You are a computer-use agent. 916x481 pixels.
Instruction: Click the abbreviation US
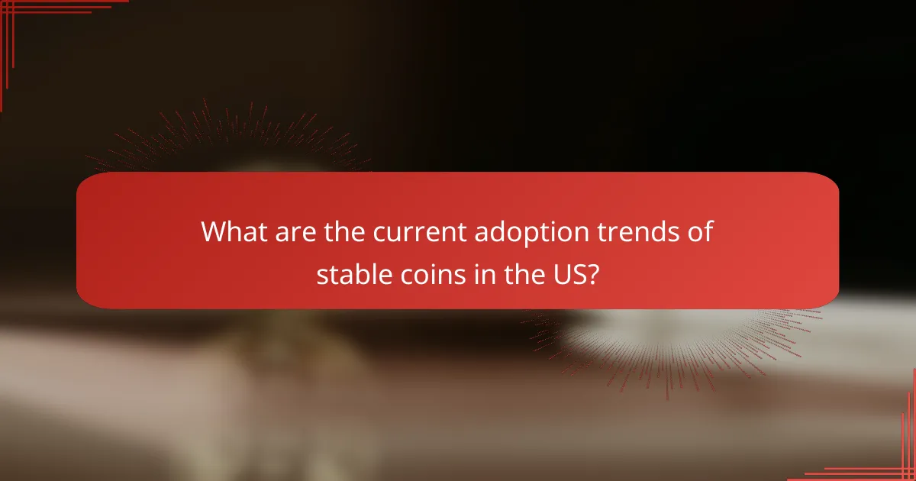coord(568,273)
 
